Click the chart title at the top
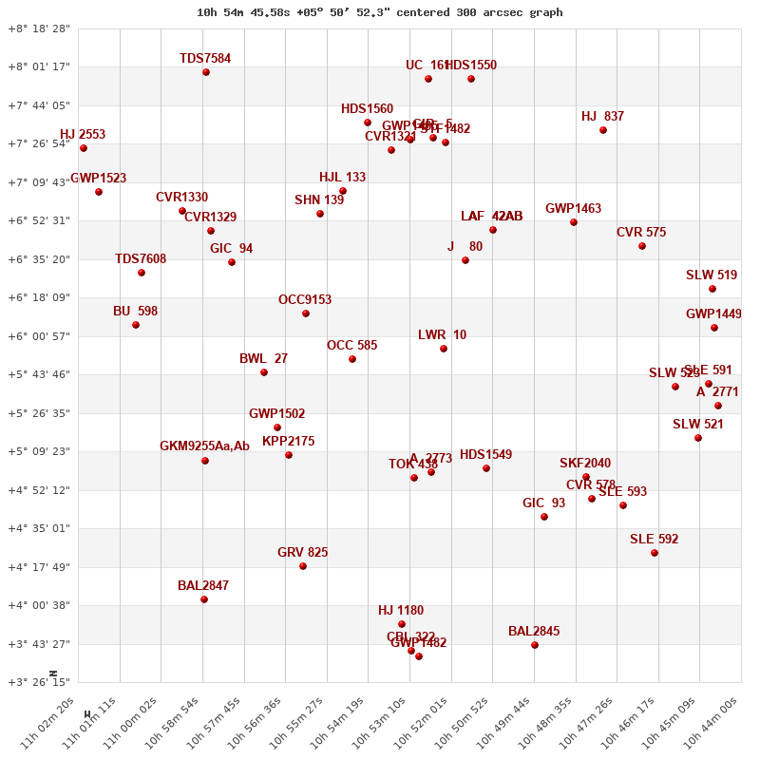coord(379,12)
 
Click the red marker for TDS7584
coord(206,72)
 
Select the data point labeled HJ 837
coord(603,130)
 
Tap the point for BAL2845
coord(535,645)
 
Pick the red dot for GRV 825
coord(303,566)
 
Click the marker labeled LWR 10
coord(444,349)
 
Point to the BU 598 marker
coord(136,325)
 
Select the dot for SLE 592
coord(655,553)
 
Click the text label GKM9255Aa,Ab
coord(204,446)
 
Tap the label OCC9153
coord(305,299)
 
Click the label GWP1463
coord(573,208)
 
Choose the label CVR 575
coord(641,232)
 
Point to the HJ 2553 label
coord(83,134)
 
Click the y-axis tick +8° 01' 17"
coord(39,66)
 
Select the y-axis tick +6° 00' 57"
coord(39,336)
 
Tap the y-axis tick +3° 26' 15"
coord(39,682)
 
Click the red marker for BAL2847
coord(204,599)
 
